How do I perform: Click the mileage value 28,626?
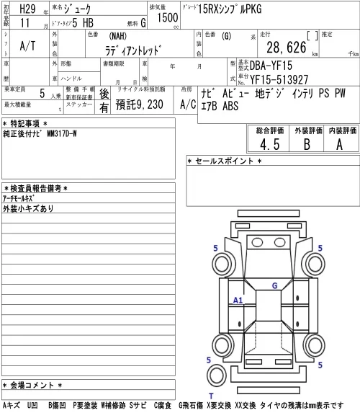[x=287, y=48]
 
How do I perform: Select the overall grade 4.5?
[x=270, y=145]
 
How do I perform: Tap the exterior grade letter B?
[x=307, y=144]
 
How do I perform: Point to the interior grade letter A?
[x=339, y=145]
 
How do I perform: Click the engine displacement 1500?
[x=167, y=17]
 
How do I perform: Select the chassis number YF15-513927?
[x=279, y=79]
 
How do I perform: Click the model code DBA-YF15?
[x=271, y=66]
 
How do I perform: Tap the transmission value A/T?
[x=27, y=46]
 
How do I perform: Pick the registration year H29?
[x=27, y=9]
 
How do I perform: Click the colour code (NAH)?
[x=117, y=36]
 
